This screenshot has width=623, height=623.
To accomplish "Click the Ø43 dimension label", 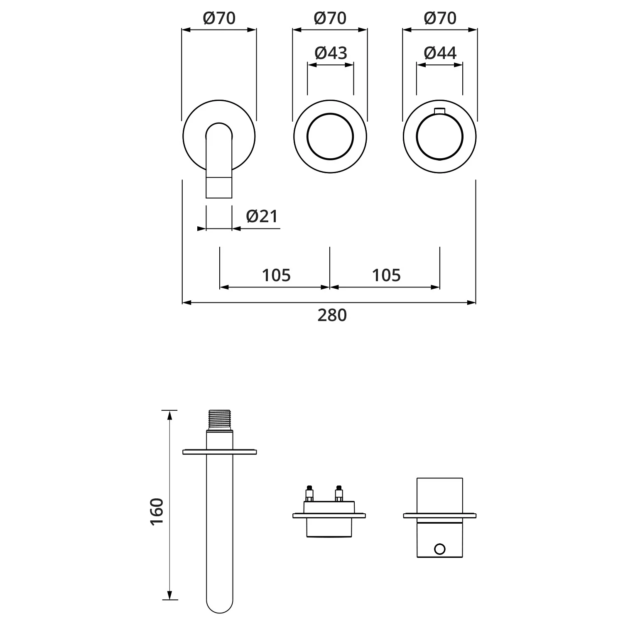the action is [x=331, y=53].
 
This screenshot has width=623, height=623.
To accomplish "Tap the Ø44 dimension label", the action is [x=440, y=53].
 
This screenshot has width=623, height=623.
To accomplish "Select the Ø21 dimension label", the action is [x=262, y=216].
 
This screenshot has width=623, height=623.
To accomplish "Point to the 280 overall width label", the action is [x=332, y=315].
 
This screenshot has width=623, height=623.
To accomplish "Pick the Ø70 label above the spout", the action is [x=219, y=18].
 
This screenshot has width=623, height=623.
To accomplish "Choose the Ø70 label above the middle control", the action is [x=330, y=18].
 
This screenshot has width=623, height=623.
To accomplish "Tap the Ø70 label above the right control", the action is [x=440, y=18].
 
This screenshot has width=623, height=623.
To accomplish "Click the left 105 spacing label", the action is [x=276, y=275].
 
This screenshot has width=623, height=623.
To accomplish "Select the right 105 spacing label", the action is [x=386, y=275].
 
